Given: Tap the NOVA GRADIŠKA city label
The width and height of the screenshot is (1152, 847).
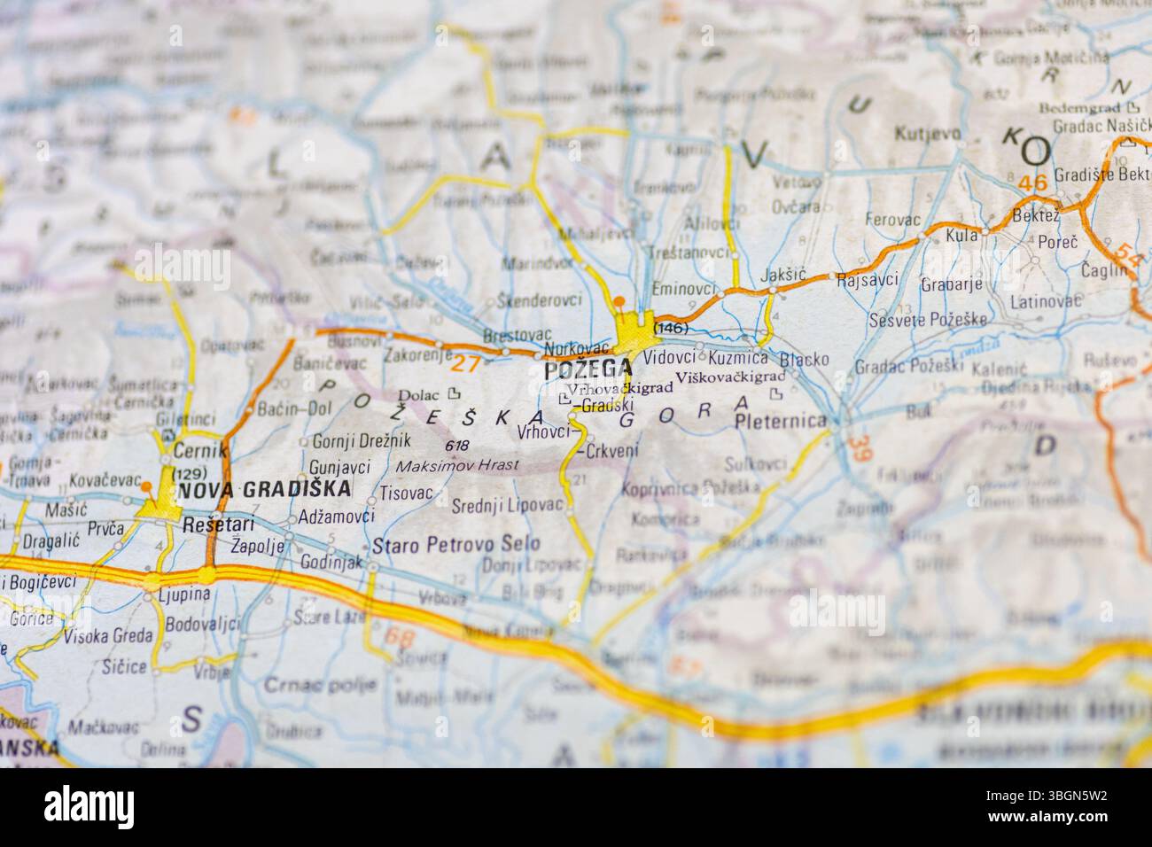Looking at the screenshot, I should coord(264,489).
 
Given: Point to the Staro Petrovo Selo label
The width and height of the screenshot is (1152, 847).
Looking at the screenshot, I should coord(455,544).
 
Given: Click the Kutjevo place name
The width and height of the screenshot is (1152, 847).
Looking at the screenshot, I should coord(928,135).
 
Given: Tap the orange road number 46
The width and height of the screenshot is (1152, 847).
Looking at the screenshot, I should coord(1032,183).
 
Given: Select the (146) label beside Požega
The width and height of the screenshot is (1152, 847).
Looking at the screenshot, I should coord(670,328).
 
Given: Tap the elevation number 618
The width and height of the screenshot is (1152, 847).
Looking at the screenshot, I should coord(457,445).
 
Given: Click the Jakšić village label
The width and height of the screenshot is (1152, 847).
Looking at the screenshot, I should coord(783,275).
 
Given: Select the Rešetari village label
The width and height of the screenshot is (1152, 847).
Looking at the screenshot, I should coord(213,525).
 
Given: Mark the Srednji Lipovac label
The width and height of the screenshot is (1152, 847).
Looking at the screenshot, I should coord(507,504).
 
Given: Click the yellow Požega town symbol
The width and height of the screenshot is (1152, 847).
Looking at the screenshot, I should coord(636,331).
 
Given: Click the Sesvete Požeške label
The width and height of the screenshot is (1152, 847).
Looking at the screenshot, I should coord(927,319).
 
